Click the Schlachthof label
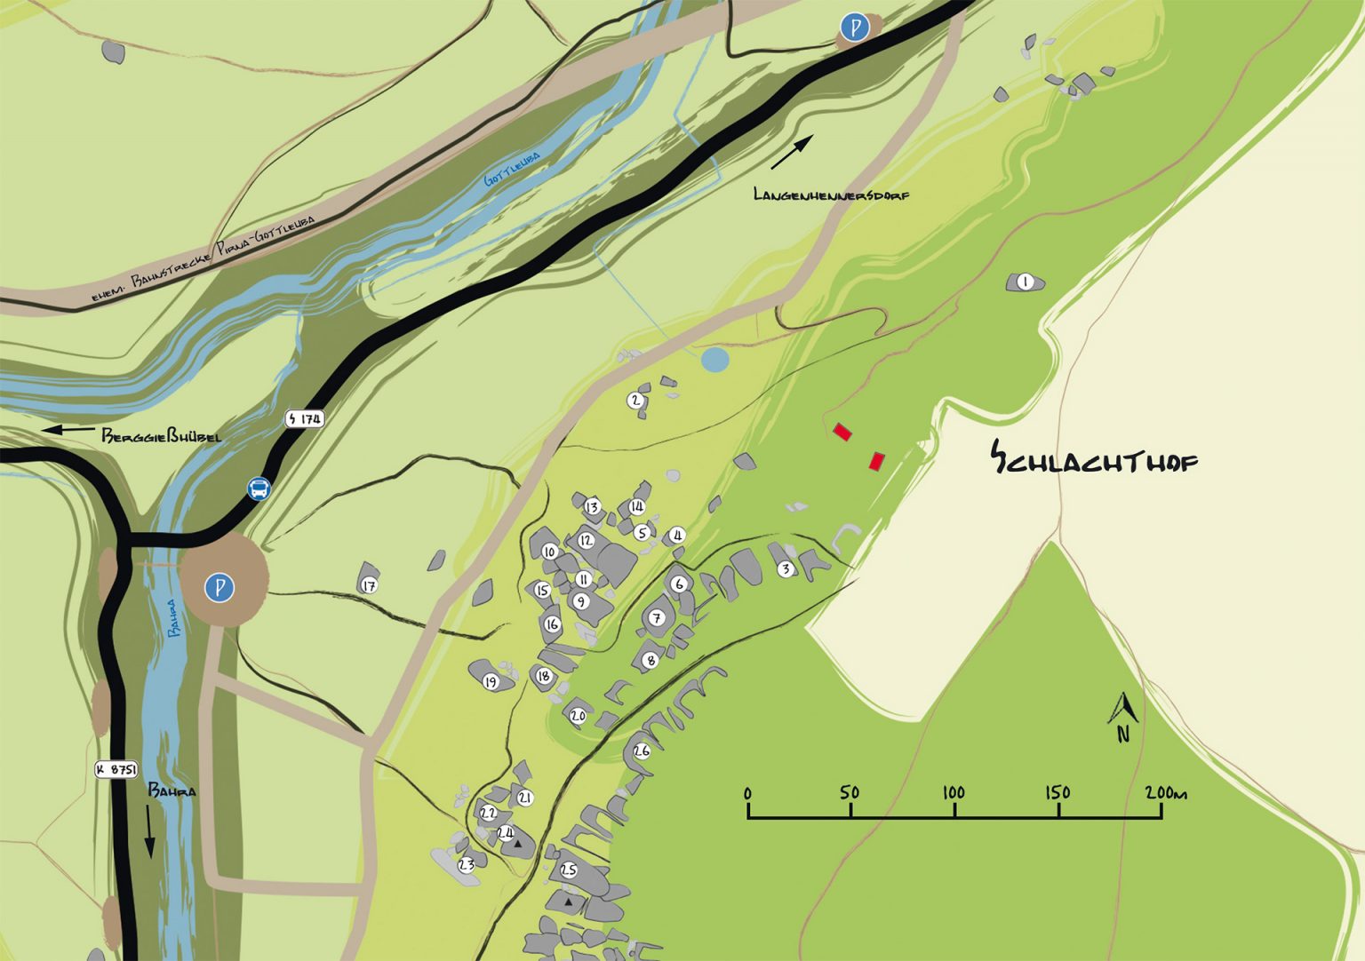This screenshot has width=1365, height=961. click(1094, 459)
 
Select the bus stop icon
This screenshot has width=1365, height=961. click(259, 488)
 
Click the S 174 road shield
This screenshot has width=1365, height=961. click(305, 418)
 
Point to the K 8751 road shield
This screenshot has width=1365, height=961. click(116, 769)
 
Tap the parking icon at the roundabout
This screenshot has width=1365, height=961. click(219, 587)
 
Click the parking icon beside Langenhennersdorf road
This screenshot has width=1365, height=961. click(855, 28)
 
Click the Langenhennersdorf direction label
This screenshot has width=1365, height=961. click(831, 195)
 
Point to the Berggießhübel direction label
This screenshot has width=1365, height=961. click(160, 436)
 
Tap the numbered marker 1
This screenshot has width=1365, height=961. click(1026, 282)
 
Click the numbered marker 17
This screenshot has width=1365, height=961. click(370, 585)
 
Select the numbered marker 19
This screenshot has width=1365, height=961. click(491, 682)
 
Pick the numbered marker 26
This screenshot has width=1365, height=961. click(642, 751)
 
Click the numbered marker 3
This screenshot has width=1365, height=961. click(786, 569)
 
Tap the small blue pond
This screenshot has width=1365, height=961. click(714, 360)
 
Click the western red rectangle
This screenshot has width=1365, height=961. click(842, 433)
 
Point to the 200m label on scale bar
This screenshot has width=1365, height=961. click(1165, 792)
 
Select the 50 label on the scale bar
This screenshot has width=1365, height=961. click(850, 792)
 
